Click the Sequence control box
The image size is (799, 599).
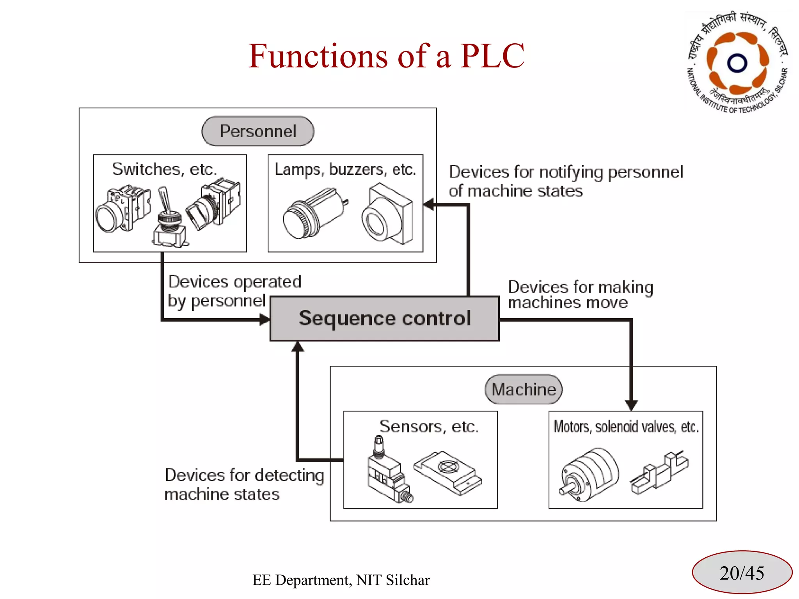coord(384,318)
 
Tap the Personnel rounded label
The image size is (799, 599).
coord(257,131)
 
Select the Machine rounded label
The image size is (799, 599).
coord(523,389)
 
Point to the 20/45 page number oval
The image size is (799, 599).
coord(742,572)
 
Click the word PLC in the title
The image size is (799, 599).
coord(492,56)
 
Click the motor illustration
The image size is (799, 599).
coord(589,474)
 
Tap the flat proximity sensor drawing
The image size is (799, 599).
coord(448,473)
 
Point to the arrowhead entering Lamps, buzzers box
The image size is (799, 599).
coord(429,204)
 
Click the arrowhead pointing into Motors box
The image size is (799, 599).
coord(631,405)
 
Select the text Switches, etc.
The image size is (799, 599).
coord(164,169)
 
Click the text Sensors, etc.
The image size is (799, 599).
coord(429,426)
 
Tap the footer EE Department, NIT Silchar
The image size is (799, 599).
coord(341,580)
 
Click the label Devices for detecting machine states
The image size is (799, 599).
coord(244,484)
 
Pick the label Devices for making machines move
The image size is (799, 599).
coord(580,294)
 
